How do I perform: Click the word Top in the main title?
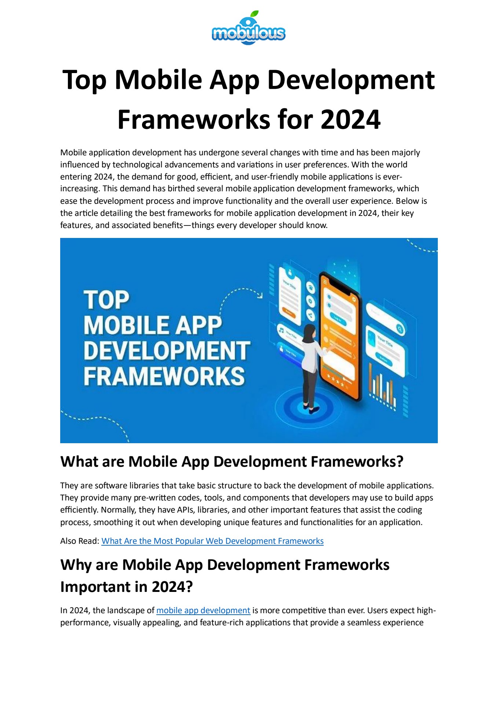(x=85, y=80)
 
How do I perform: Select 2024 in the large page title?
(x=350, y=120)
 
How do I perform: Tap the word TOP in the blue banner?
(x=106, y=300)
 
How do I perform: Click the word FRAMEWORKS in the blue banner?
(x=164, y=376)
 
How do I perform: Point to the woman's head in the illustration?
(x=310, y=330)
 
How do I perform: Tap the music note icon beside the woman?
(x=281, y=330)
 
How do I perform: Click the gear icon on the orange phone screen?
(x=353, y=300)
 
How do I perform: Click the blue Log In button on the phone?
(x=337, y=319)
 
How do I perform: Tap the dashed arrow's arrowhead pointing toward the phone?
(x=260, y=295)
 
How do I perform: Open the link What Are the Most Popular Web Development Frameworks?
(x=212, y=541)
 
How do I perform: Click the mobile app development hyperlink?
(x=203, y=610)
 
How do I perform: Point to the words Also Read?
(x=80, y=541)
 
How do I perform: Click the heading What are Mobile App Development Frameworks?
(x=232, y=462)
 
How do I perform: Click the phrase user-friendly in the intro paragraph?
(x=275, y=177)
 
